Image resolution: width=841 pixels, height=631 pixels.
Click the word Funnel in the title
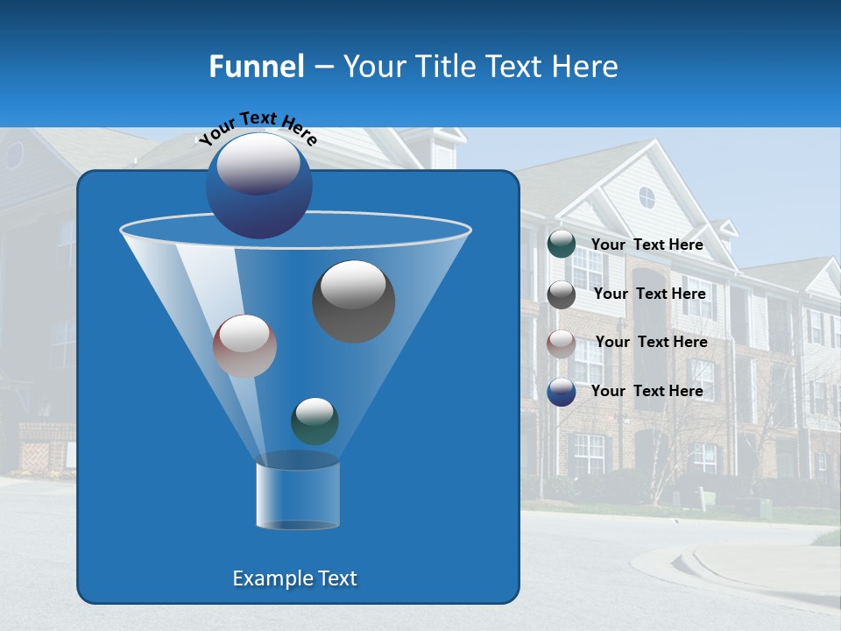[x=256, y=67]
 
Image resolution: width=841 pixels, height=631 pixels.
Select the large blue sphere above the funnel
[x=259, y=185]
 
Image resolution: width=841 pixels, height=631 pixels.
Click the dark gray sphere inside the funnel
[x=353, y=301]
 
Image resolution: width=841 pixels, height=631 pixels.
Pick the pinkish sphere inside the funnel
[x=244, y=345]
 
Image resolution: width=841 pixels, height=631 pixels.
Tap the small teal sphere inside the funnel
[x=314, y=421]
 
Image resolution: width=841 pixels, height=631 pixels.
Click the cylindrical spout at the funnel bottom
[x=298, y=494]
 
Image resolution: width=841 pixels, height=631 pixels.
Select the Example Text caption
[x=294, y=578]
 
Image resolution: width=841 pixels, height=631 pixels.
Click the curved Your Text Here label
[x=258, y=128]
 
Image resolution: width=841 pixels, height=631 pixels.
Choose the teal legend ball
[x=562, y=245]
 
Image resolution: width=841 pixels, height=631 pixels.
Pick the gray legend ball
[x=562, y=294]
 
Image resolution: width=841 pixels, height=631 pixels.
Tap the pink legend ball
[x=562, y=343]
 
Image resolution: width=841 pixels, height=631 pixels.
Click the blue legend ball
[x=562, y=392]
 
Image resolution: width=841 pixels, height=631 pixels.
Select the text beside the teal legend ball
[x=647, y=245]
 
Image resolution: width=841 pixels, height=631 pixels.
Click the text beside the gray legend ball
[x=649, y=294]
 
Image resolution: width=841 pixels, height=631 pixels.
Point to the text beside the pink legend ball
[x=651, y=343]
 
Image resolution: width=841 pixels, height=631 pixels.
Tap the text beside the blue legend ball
[x=647, y=392]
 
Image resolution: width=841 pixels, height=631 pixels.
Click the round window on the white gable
[x=647, y=197]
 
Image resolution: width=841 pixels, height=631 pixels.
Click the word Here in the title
[x=585, y=67]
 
